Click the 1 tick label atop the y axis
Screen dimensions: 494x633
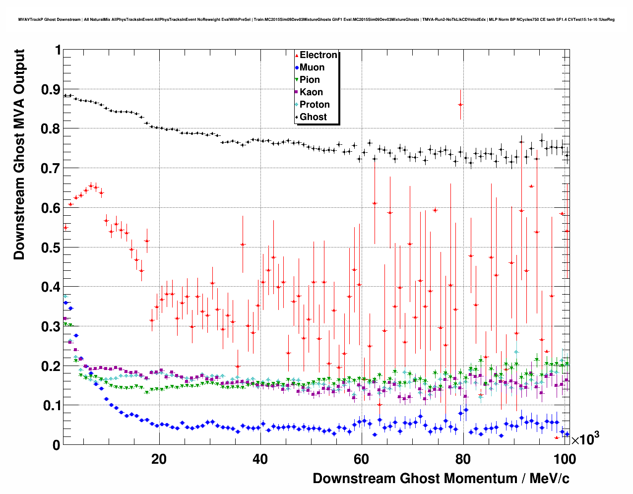pyautogui.click(x=58, y=50)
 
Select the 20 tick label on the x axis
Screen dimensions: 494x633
pyautogui.click(x=159, y=459)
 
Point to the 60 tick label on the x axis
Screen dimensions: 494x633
pyautogui.click(x=362, y=459)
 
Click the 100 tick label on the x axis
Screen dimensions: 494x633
pyautogui.click(x=564, y=459)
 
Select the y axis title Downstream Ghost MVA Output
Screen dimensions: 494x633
pyautogui.click(x=19, y=154)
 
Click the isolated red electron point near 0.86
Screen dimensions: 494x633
pyautogui.click(x=460, y=105)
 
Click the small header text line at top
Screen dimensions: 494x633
pyautogui.click(x=316, y=19)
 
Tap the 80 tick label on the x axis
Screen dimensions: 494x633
pyautogui.click(x=463, y=459)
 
